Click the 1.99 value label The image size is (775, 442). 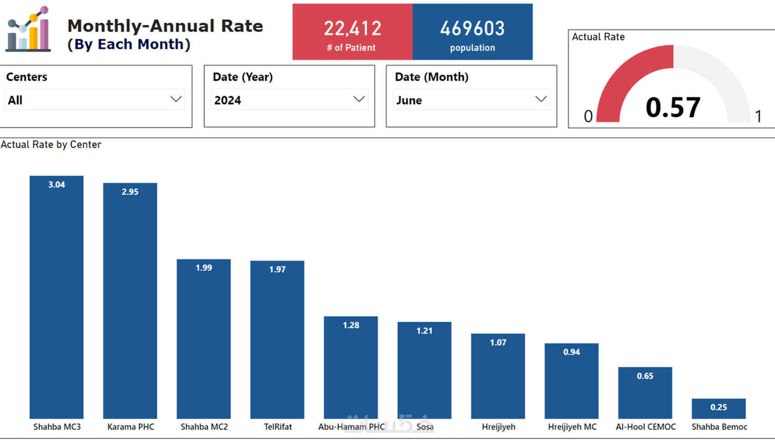tap(204, 268)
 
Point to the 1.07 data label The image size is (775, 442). tap(498, 343)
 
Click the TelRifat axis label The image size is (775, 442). tap(278, 427)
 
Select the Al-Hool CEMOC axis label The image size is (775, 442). tap(646, 427)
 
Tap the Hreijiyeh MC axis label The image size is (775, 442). tap(572, 427)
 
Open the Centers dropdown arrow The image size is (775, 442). tap(176, 99)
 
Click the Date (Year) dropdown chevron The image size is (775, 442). tap(359, 99)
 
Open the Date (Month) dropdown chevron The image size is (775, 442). tap(541, 99)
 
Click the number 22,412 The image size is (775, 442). tap(352, 29)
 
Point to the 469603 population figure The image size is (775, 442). tap(472, 29)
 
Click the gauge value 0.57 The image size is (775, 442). tap(673, 108)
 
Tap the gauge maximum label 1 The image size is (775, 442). tap(758, 117)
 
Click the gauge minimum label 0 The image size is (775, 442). tap(588, 117)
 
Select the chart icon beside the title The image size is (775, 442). tap(28, 29)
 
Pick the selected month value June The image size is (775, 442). tap(409, 100)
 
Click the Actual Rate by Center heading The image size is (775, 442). tap(51, 144)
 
